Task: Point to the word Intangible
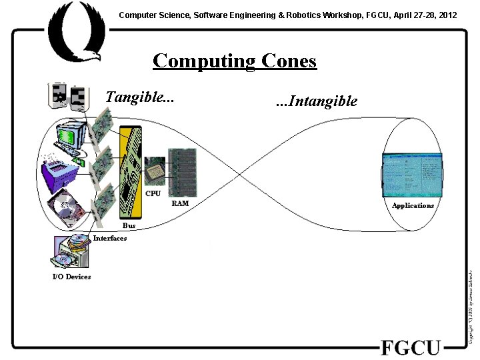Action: click(x=317, y=101)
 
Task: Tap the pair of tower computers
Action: click(x=67, y=95)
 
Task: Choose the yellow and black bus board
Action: click(x=131, y=173)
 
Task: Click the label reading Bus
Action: click(x=129, y=226)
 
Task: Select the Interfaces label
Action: click(x=110, y=238)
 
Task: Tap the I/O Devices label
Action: click(x=71, y=277)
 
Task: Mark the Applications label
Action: click(x=413, y=205)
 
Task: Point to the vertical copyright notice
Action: click(x=471, y=307)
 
